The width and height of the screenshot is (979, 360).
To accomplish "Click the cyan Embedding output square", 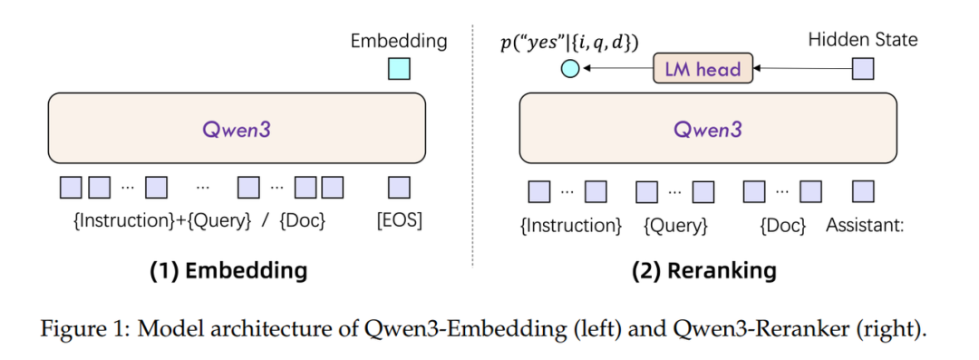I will [399, 69].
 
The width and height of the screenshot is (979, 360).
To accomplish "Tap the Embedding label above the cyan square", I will [399, 41].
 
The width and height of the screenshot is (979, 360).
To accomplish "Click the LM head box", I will [703, 68].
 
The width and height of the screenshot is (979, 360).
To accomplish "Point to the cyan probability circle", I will [570, 68].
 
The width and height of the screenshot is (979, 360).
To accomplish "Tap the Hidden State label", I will [862, 40].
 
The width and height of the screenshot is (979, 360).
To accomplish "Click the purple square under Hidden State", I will [863, 68].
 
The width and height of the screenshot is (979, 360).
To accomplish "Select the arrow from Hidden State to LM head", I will [802, 68].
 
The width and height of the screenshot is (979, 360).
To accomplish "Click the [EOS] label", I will [399, 220].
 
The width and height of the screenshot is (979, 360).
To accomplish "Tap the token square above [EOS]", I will [399, 188].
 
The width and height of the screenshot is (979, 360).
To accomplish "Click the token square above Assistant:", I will [863, 191].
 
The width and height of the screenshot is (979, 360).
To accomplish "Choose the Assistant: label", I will [865, 224].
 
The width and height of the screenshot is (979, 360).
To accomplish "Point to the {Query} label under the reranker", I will [675, 225].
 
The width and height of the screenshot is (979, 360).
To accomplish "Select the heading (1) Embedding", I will [228, 270].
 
